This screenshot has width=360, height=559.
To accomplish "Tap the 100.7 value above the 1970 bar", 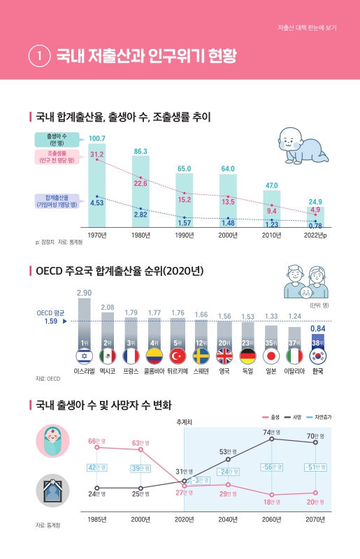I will pos(97,138).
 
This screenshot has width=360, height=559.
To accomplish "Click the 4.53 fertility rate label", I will pos(97,203).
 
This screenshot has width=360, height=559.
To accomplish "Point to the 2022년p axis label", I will pos(316,235).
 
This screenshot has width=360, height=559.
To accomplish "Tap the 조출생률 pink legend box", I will pos(57,156).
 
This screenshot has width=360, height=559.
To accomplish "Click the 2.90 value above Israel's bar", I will pos(84,293).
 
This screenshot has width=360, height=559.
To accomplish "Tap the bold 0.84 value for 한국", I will pos(317,328).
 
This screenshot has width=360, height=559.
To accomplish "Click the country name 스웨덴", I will pos(201,371).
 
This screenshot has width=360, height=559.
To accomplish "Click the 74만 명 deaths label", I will pos(272,433).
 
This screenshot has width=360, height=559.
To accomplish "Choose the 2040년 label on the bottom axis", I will pos(228,519).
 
